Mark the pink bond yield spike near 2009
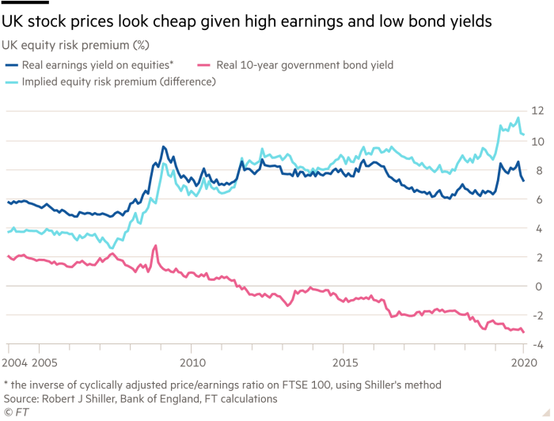pos(154,246)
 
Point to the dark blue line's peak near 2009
pos(163,146)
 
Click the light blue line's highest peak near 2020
pos(518,118)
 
